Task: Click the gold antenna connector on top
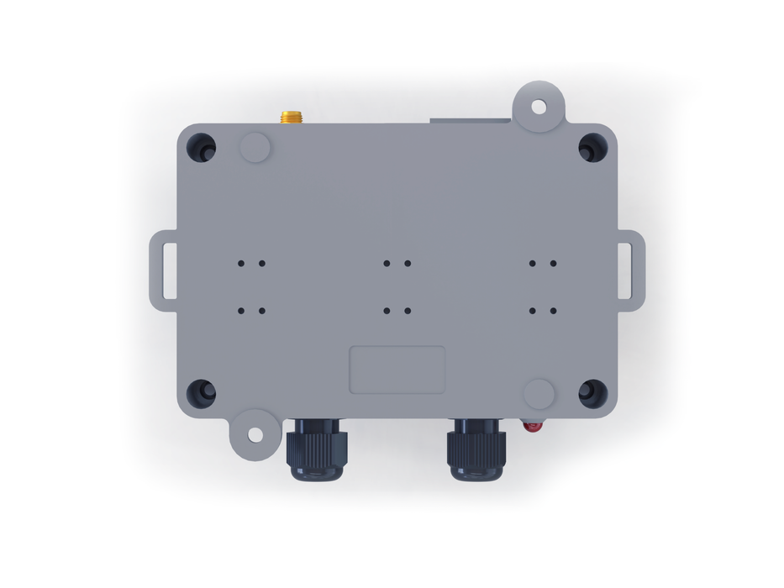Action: point(292,117)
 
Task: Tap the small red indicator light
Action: point(531,426)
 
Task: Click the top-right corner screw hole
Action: point(592,148)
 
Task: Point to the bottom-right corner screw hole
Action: point(592,392)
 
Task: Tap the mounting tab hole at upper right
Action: point(539,106)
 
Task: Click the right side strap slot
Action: point(626,270)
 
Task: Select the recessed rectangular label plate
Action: point(397,370)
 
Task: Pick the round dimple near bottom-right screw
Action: point(539,393)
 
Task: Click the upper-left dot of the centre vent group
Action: point(387,263)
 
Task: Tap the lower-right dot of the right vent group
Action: point(553,311)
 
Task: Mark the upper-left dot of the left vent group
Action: point(241,263)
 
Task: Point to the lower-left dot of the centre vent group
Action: point(387,311)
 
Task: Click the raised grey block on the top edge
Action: point(471,121)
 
